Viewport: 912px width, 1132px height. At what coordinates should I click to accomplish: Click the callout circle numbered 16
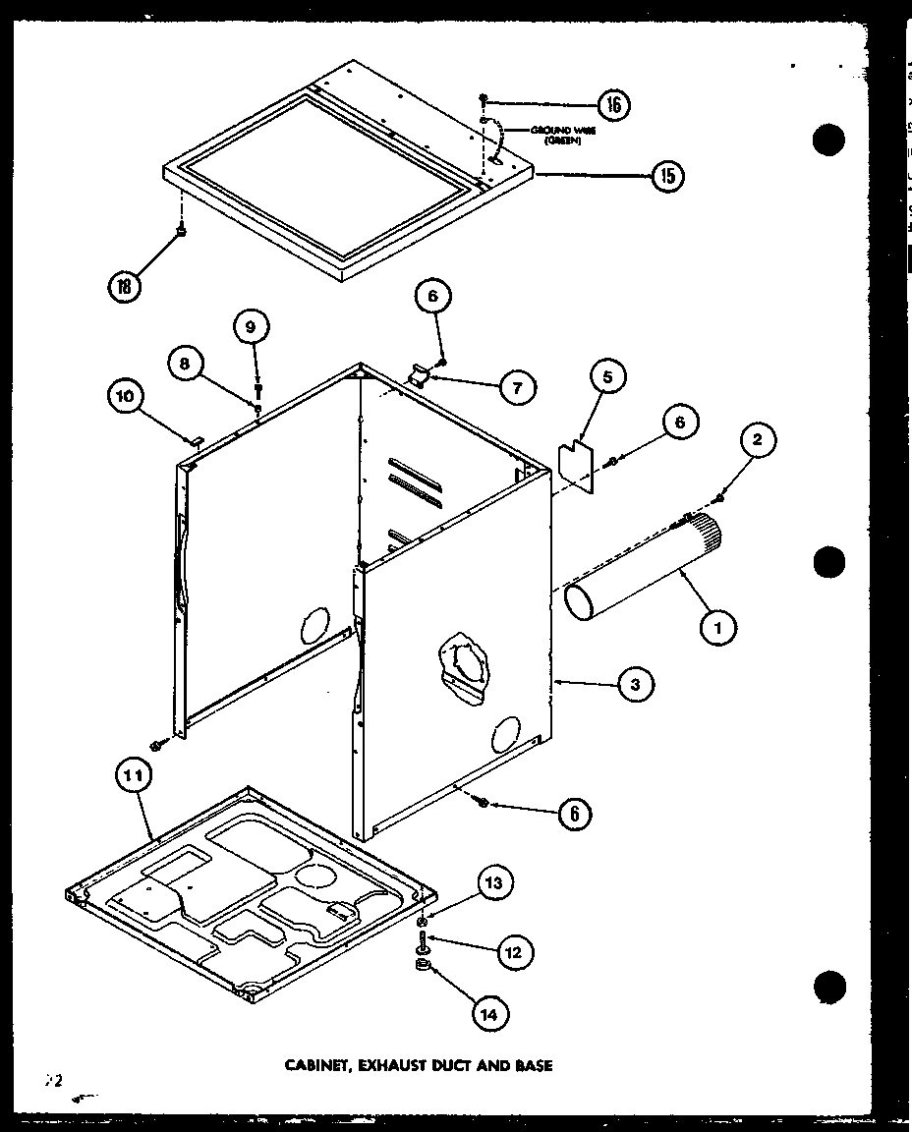611,105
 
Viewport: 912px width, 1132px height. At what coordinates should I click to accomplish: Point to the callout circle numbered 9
251,326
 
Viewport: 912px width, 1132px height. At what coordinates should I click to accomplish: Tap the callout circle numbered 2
757,441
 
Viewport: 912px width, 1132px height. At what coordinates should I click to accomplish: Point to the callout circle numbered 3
636,685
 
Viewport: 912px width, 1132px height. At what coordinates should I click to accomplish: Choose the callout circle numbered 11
134,776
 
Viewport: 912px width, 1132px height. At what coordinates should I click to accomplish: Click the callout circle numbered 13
494,883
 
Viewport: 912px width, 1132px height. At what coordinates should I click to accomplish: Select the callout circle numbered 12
515,951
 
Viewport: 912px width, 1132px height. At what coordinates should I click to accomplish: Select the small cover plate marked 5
574,467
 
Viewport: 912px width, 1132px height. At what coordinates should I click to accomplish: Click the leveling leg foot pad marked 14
423,971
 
